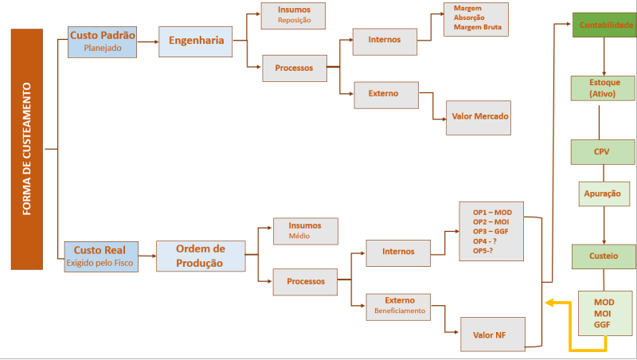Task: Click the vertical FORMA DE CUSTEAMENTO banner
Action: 26,149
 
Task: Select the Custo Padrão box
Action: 103,41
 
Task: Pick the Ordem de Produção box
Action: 200,256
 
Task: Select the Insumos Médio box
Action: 305,230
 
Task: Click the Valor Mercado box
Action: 479,116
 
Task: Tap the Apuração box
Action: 604,194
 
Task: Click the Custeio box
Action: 605,256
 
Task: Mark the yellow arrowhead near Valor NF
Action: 549,303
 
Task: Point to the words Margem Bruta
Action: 478,28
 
